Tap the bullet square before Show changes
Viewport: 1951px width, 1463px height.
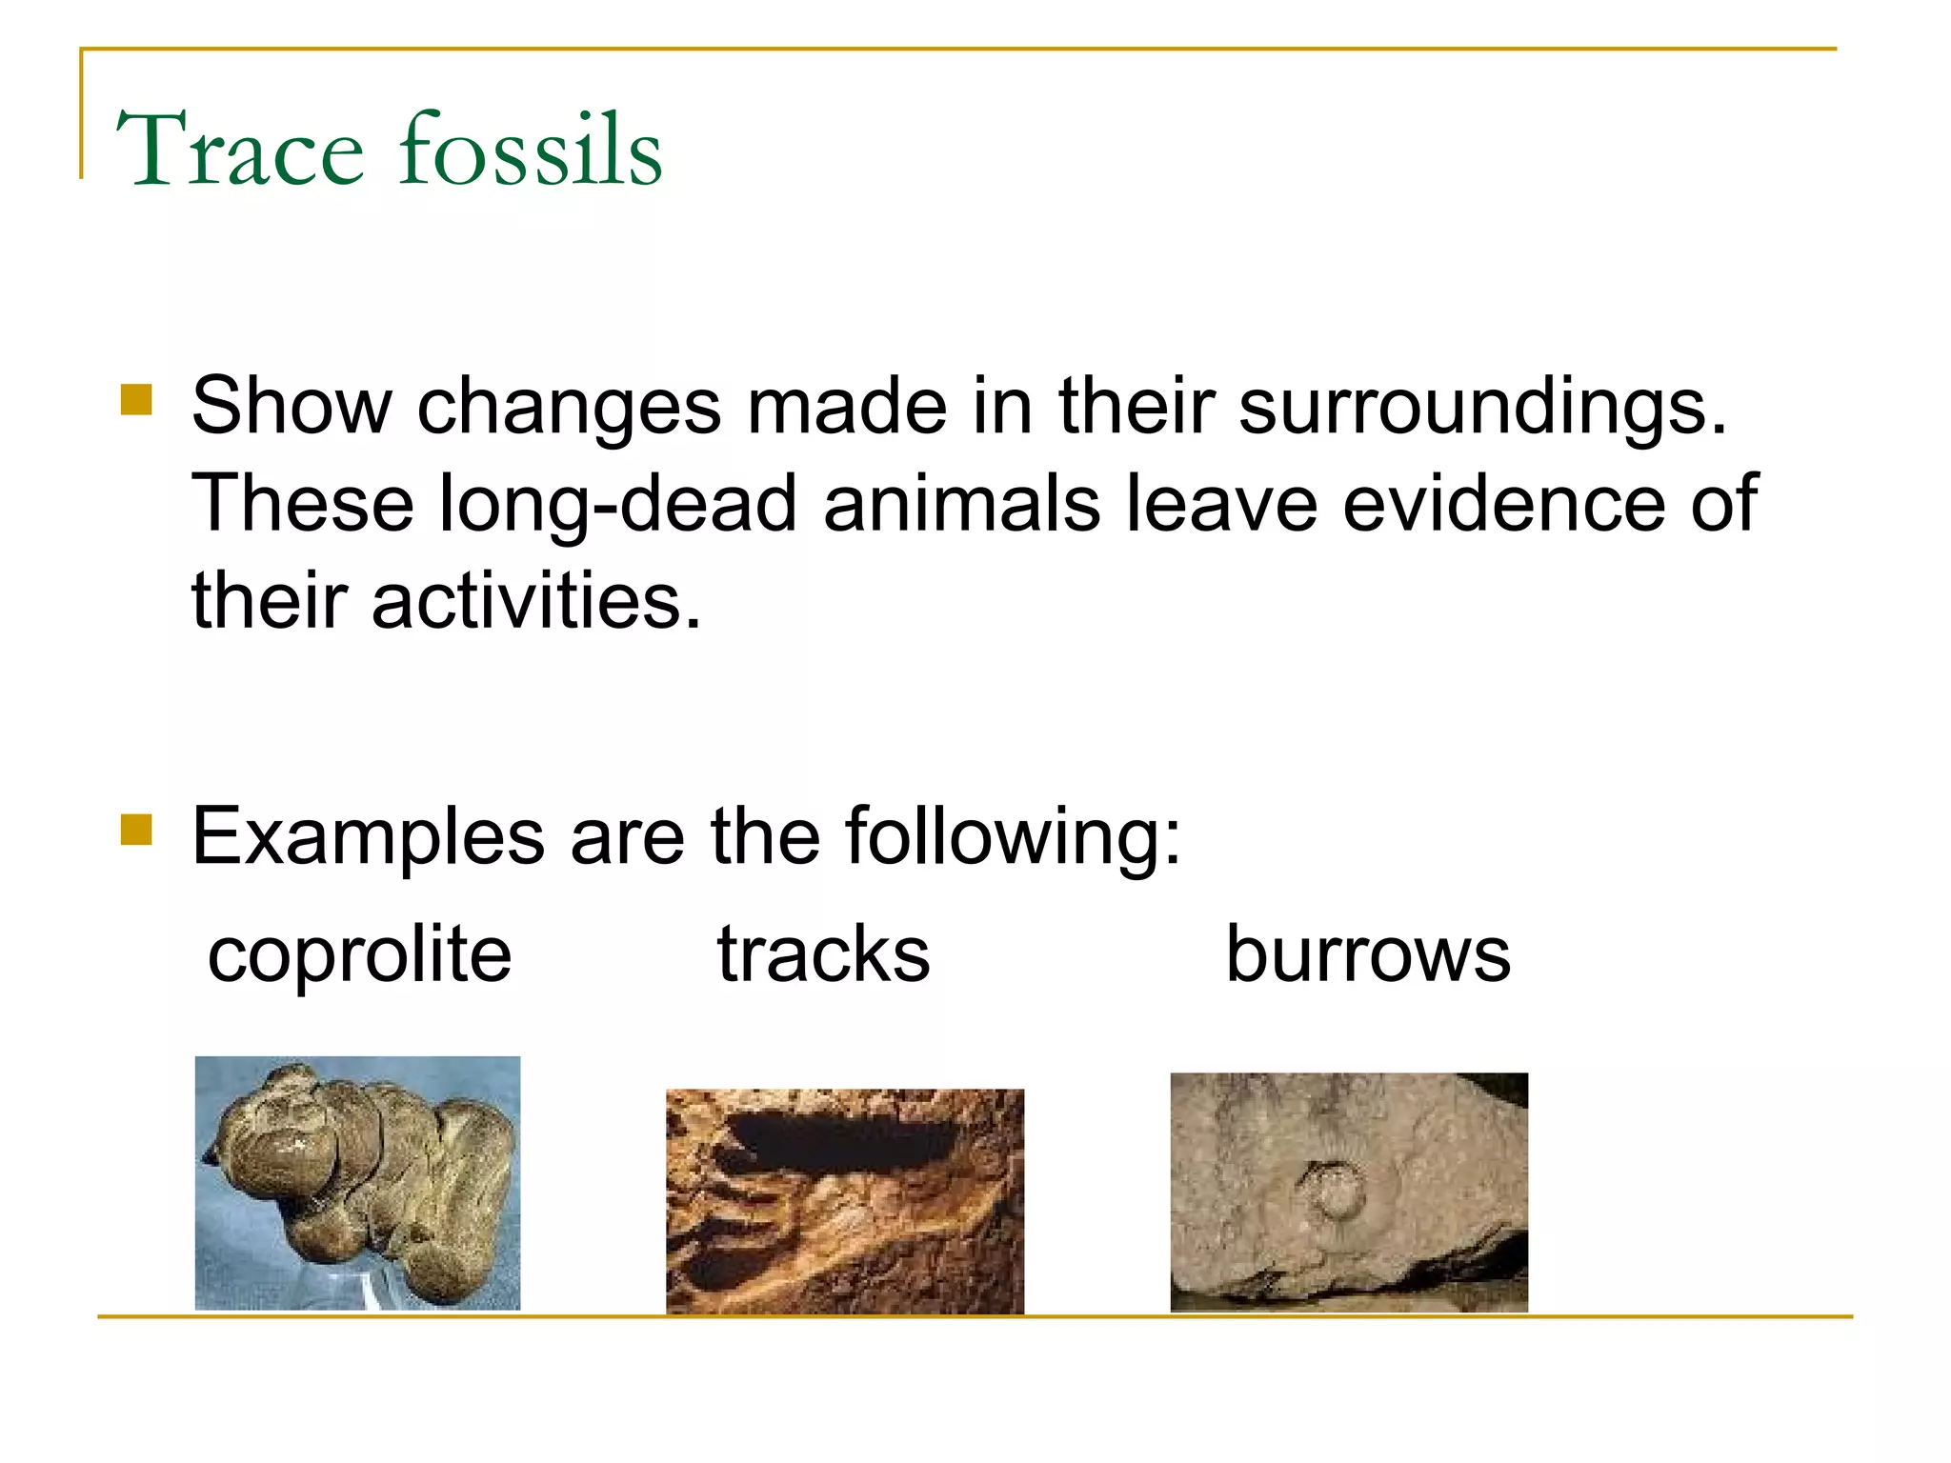[136, 400]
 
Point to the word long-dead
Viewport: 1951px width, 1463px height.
[616, 505]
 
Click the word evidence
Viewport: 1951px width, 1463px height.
[1504, 503]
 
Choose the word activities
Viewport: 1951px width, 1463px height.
[535, 601]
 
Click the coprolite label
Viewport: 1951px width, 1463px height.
[359, 955]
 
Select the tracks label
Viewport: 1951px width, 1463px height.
[823, 955]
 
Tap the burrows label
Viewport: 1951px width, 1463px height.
[1367, 955]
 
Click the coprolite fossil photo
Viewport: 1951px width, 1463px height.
[357, 1182]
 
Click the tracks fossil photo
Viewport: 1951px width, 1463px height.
[844, 1202]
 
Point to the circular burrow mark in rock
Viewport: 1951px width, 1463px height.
[1331, 1192]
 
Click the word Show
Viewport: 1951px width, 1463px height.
[292, 406]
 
